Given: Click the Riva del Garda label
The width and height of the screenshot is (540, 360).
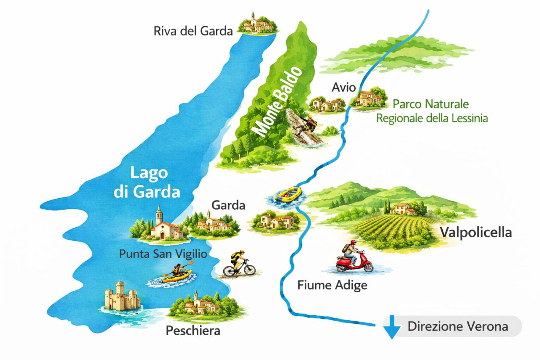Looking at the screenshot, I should pos(193,31).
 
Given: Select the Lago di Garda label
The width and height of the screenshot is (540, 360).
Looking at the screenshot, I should pos(147,182).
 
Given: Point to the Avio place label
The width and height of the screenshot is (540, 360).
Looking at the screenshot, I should pos(343,87).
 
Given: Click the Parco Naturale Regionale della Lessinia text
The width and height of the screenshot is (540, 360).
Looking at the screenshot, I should pos(432,111).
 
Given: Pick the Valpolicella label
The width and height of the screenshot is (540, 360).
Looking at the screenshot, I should pos(475,233).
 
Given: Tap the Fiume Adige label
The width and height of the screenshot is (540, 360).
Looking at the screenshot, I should pos(332,285).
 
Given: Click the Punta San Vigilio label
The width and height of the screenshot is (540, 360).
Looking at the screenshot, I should pos(163,254).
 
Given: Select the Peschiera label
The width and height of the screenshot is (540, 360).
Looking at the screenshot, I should pos(193,331).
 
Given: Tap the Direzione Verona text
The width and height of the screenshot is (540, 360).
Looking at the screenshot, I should pos(457,326).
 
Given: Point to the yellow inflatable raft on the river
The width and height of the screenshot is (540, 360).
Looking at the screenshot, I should pos(288,194).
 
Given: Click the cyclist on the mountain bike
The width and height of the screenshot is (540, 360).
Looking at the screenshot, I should pos(238,265).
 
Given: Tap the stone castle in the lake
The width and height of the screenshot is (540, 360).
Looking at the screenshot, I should pos(122,297).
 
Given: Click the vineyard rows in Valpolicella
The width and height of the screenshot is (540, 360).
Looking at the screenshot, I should pos(394,230).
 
